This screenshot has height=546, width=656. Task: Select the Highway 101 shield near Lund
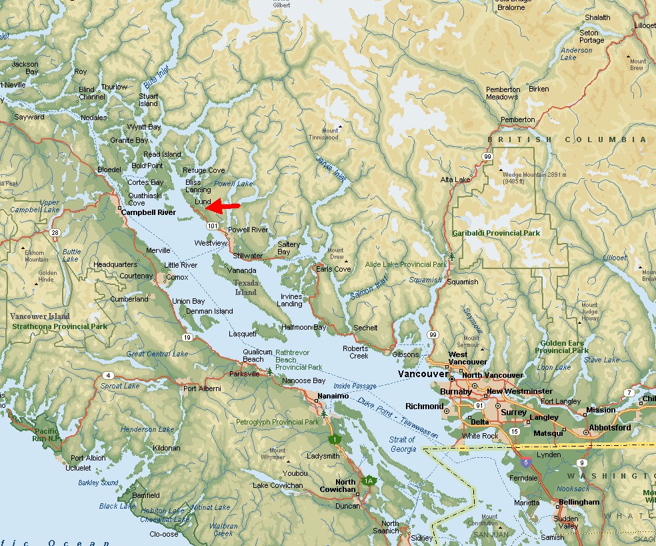click(212, 227)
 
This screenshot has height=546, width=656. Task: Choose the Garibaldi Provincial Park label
click(496, 233)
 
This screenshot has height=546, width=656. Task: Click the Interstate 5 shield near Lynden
click(527, 461)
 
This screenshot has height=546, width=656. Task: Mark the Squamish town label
click(463, 282)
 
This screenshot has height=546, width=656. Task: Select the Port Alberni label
click(201, 388)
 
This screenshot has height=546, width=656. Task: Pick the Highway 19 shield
click(187, 338)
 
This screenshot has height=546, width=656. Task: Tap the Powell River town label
click(248, 230)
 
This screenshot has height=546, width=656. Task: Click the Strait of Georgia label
click(403, 444)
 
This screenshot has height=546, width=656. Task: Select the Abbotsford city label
click(609, 427)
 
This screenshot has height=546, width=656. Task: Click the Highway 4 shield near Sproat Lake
click(107, 375)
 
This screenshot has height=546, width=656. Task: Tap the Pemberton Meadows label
click(503, 93)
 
